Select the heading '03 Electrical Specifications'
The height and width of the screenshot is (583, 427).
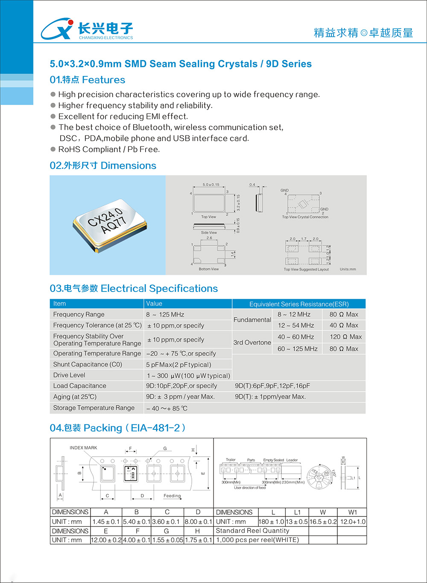tap(134, 289)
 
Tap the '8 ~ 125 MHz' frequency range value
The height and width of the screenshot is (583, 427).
tap(165, 315)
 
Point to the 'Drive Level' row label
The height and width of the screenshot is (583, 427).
tap(69, 375)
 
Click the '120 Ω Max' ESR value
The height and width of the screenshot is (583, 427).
tap(345, 337)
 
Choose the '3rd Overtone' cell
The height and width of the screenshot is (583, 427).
tap(252, 342)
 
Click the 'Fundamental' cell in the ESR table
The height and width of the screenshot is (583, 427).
tap(252, 320)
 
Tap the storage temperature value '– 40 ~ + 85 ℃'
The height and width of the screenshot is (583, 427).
tap(167, 408)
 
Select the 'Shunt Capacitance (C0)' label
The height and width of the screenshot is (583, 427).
tap(88, 364)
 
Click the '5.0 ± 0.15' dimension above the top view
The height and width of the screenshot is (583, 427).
tap(211, 185)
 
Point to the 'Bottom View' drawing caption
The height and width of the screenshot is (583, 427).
tap(208, 269)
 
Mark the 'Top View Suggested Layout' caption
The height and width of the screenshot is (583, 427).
tap(306, 269)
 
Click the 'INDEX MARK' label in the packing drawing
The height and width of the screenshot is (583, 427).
tap(83, 448)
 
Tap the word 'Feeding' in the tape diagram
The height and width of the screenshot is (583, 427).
tap(172, 496)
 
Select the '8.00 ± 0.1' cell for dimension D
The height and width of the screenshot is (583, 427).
tap(198, 522)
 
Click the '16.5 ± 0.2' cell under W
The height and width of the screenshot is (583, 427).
tap(323, 522)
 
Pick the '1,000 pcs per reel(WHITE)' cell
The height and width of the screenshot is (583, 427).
tap(257, 540)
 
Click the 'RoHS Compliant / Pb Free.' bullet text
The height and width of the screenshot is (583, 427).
tap(109, 149)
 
